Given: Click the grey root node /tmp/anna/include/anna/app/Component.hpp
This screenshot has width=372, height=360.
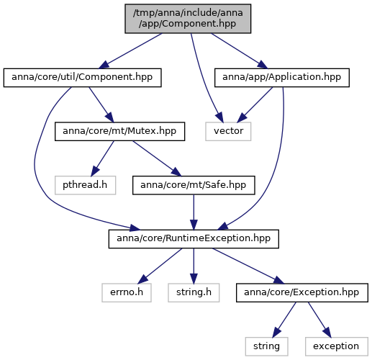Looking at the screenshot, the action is [x=188, y=19].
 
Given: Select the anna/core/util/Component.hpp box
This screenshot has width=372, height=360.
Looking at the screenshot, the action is [x=82, y=78].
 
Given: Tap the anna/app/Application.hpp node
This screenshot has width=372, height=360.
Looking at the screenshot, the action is [x=282, y=78].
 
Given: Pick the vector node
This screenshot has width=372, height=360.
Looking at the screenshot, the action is [x=228, y=132].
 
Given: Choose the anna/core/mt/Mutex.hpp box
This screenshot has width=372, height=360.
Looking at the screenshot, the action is [x=119, y=132].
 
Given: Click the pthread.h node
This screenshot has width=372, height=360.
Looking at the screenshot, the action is [x=85, y=185].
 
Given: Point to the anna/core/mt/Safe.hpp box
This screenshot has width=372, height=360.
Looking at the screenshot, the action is [x=194, y=185].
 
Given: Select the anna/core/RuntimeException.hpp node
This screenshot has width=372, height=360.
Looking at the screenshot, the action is [x=194, y=239].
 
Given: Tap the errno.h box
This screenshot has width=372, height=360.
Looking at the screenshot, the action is [x=127, y=293].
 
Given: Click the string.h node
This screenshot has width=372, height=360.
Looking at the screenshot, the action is [x=194, y=293].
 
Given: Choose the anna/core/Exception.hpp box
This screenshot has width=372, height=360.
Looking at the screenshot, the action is [x=302, y=293].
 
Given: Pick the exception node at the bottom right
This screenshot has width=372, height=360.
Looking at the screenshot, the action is [x=337, y=346].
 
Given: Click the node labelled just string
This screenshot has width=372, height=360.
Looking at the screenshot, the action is [x=266, y=346].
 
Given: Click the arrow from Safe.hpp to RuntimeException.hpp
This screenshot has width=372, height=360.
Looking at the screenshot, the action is [x=194, y=212].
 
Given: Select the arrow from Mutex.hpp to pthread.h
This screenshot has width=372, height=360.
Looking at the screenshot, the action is [x=102, y=158].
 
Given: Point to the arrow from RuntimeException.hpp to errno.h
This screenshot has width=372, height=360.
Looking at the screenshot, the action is [x=160, y=266].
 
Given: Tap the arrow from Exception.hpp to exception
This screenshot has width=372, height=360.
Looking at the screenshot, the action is [x=319, y=320].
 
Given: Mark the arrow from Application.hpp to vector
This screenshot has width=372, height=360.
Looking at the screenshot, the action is [x=255, y=104].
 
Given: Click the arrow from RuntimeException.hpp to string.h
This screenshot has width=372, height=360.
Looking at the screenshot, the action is [x=194, y=266].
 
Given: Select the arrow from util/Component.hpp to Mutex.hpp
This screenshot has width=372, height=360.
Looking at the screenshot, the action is [x=101, y=104].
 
